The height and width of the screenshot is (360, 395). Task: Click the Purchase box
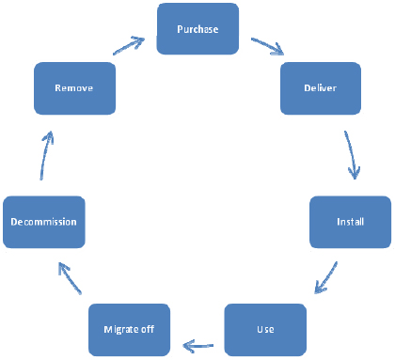tap(197, 29)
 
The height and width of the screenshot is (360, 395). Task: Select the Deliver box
tap(321, 88)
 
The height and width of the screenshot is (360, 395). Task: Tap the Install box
tap(350, 222)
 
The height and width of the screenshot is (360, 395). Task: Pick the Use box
tap(265, 330)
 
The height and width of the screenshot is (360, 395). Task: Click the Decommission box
tap(43, 222)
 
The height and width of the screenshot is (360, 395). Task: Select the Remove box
tap(73, 88)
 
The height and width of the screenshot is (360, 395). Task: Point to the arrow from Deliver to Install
tap(351, 154)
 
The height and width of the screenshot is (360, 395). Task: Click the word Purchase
tap(197, 29)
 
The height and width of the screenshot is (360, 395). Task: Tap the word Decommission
tap(43, 222)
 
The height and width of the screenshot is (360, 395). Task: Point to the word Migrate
tap(120, 330)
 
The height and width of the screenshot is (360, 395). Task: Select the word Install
tap(350, 222)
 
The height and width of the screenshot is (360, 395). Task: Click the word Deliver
tap(321, 88)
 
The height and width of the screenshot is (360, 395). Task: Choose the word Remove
tap(73, 88)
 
